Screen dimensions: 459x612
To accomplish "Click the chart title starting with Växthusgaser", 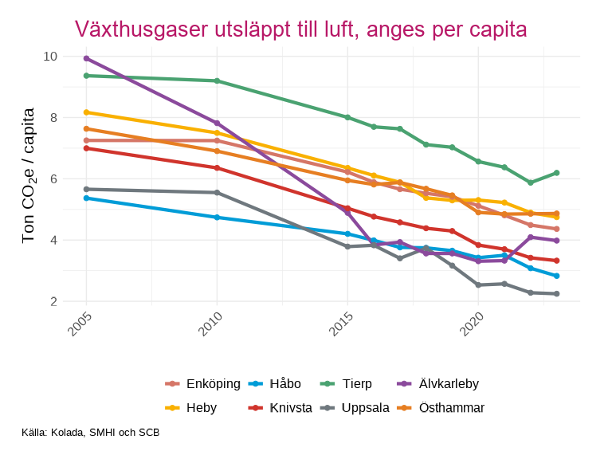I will [300, 29].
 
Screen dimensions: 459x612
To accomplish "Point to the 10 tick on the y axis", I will [50, 57].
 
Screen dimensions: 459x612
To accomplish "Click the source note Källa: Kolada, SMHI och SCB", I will [91, 433].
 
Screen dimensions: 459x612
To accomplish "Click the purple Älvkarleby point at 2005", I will [86, 58].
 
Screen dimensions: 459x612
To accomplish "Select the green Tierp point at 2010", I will [217, 80].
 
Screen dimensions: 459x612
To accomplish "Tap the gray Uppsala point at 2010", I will [217, 192].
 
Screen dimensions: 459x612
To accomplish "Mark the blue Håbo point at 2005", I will [86, 198].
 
